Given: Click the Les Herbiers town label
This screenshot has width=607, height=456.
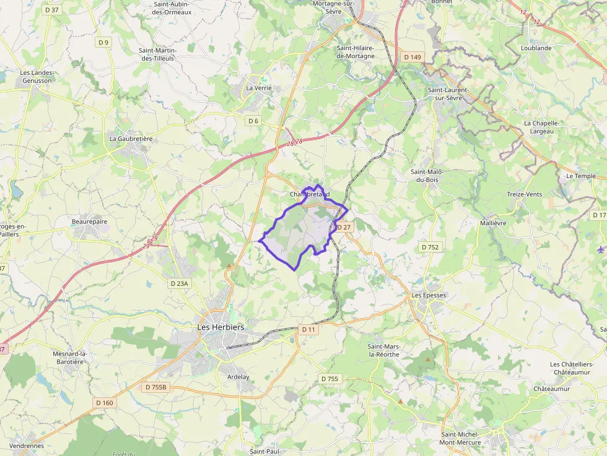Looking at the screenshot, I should [221, 327].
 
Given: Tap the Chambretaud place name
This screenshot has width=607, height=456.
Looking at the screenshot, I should [309, 194].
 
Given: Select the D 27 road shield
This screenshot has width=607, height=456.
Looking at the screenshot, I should [344, 227].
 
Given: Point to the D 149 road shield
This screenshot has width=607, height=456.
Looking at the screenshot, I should [412, 57].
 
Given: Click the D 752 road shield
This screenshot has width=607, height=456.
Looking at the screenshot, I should [430, 247].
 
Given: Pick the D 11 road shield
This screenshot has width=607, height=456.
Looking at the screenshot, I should [308, 330].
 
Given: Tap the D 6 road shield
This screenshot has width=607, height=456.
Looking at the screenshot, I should [253, 121].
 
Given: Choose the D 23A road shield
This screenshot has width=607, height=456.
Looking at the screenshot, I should [179, 283].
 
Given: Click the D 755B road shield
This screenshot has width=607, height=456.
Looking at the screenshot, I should [155, 387].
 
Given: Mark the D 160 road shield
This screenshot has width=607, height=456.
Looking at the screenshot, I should [105, 403].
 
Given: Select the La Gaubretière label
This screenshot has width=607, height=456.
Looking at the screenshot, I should [131, 139].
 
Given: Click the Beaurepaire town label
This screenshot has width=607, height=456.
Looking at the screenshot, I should [89, 221].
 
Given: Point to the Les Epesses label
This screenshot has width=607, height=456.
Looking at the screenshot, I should [429, 295].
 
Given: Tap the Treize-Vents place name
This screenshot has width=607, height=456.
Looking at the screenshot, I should [524, 194].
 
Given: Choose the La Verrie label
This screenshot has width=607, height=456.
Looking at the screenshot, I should [259, 88].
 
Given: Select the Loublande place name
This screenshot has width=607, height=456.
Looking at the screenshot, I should [536, 48].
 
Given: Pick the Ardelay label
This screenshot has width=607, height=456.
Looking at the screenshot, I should [238, 377].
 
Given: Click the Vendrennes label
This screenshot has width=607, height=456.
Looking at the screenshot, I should [27, 445].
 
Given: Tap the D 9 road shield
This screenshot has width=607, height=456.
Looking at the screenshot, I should [103, 42].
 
